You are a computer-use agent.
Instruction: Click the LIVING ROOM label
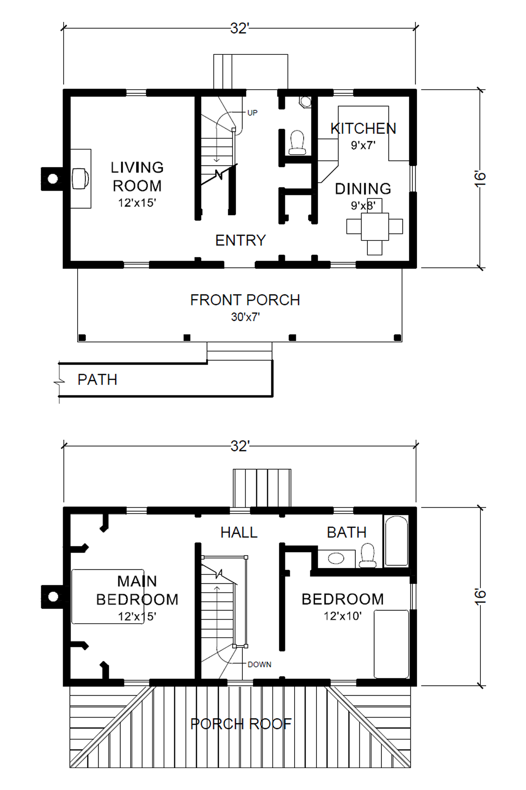[137, 176]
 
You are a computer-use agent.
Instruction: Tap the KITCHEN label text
[363, 128]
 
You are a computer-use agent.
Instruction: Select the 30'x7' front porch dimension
[245, 317]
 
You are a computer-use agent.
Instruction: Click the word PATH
[97, 380]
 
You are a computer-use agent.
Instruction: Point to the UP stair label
[252, 113]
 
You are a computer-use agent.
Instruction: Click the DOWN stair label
[259, 664]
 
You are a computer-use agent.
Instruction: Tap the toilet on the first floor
[297, 142]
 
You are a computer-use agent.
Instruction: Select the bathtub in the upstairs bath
[396, 541]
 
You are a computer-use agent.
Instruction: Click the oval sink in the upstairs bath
[336, 558]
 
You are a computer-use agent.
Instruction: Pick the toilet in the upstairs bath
[367, 555]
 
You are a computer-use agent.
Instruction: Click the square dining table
[375, 226]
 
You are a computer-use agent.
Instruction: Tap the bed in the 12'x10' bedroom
[391, 644]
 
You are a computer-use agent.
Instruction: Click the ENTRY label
[241, 241]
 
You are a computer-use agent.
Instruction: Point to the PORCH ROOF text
[241, 724]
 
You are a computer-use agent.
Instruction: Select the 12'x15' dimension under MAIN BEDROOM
[137, 616]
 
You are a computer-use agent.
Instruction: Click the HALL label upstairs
[239, 532]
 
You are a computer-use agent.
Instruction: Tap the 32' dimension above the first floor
[240, 29]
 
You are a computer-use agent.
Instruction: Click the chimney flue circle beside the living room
[53, 179]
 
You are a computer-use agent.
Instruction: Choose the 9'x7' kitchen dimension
[363, 145]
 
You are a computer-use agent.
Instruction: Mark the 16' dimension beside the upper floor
[480, 596]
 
